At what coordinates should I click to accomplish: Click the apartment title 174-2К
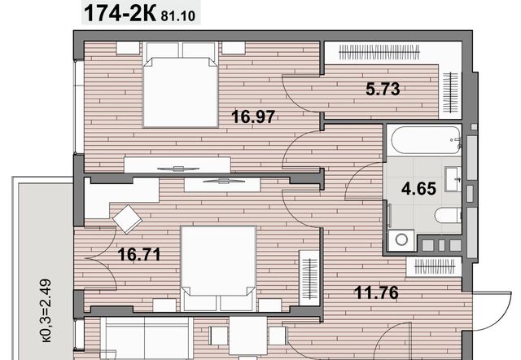(x=120, y=13)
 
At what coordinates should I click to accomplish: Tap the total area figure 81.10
(x=178, y=16)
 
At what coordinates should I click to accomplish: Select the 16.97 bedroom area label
(x=253, y=116)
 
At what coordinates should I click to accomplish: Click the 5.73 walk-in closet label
(x=383, y=89)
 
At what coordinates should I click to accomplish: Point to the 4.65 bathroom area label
(x=418, y=189)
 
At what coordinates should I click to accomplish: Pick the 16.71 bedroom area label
(x=139, y=255)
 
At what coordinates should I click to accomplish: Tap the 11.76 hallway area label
(x=376, y=293)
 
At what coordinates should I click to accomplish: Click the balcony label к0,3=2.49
(x=46, y=310)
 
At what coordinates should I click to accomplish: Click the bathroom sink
(x=453, y=179)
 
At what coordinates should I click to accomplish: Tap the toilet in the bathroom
(x=449, y=215)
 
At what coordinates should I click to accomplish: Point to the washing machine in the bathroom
(x=401, y=239)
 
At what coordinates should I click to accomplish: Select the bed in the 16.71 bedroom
(x=218, y=269)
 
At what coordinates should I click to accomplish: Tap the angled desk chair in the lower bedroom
(x=127, y=219)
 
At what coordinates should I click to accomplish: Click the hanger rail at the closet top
(x=379, y=52)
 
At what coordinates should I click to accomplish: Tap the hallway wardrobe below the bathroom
(x=434, y=266)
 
